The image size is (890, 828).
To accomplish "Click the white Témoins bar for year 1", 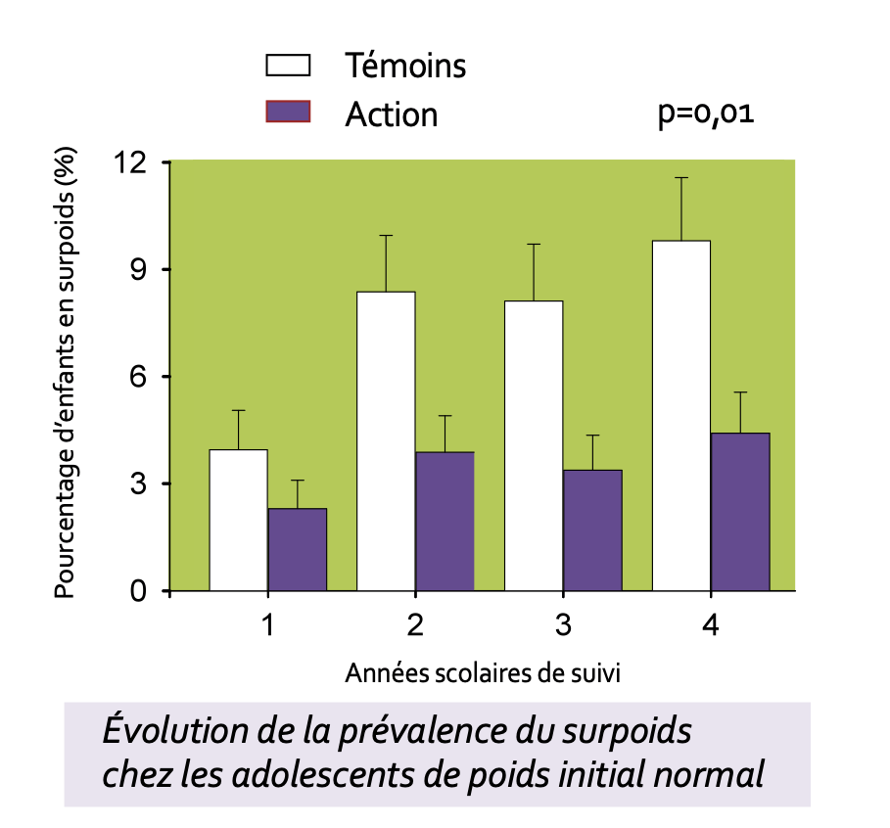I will (x=239, y=520).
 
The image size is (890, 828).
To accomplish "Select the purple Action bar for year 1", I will (x=298, y=549).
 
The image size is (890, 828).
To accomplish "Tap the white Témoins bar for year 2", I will (x=386, y=440).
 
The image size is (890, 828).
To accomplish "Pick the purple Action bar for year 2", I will (x=445, y=521).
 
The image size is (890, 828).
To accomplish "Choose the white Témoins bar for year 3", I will (x=534, y=445).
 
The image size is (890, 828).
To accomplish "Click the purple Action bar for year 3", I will (x=592, y=529).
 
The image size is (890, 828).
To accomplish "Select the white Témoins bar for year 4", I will (x=681, y=415).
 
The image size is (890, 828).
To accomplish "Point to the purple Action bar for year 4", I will (x=740, y=511).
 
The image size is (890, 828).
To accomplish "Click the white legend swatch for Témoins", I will (x=288, y=67).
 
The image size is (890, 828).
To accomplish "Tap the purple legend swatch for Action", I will (x=288, y=113).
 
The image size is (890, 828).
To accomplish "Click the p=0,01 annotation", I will (x=706, y=115).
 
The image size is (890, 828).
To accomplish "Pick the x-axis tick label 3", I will (x=563, y=625).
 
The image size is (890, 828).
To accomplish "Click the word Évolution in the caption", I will (x=169, y=733).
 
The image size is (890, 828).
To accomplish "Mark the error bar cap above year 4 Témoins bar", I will (x=681, y=177).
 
